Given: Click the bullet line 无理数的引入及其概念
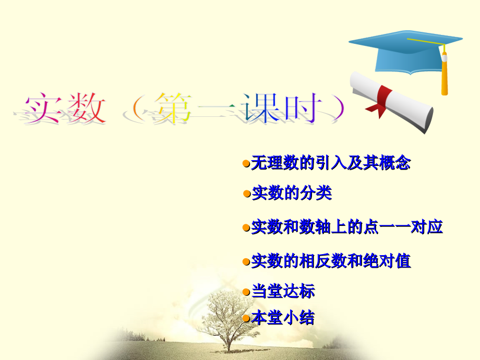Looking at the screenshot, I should (330, 163).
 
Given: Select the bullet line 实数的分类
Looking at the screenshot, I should (292, 194).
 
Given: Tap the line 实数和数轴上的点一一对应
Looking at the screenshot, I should (347, 227).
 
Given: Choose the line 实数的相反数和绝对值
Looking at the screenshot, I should (331, 260).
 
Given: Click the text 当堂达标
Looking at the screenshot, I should (283, 291).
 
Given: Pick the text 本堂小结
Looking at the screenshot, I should (283, 317).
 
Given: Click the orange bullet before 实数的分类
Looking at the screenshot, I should (247, 194).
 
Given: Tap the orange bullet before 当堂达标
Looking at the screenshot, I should (247, 291).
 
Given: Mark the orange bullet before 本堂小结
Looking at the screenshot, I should (247, 317).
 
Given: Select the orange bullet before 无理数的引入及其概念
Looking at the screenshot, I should (247, 163).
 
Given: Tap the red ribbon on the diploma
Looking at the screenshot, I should (384, 99).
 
